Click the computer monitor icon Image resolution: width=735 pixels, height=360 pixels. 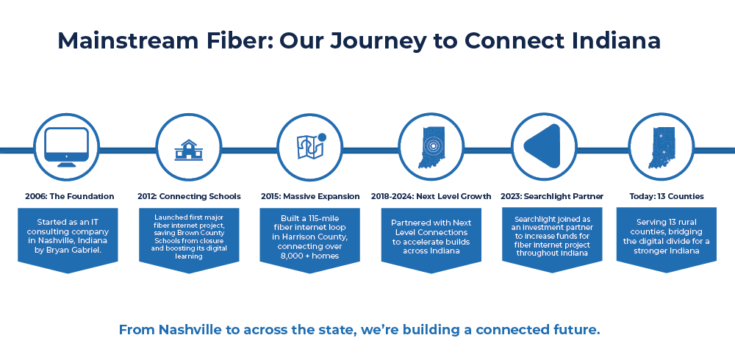[66, 146]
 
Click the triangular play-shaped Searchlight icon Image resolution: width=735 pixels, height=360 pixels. [542, 146]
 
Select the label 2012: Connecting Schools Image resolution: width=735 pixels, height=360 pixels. [190, 196]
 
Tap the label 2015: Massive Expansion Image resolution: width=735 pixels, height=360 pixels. [310, 196]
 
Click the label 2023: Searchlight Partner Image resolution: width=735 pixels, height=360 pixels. [553, 196]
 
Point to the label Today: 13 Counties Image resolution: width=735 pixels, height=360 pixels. [667, 196]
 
